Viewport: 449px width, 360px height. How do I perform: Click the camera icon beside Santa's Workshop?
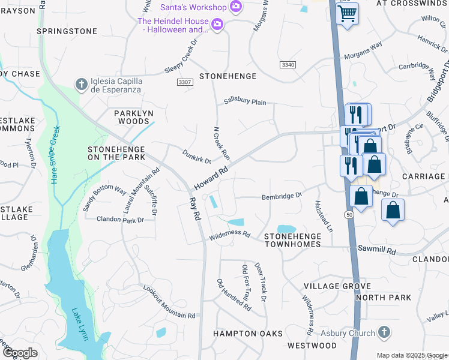coord(236,7)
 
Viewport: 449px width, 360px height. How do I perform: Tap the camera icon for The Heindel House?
coord(217,25)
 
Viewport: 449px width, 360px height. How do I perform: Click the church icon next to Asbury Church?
coord(384,332)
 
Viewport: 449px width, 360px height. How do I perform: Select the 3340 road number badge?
coord(287,64)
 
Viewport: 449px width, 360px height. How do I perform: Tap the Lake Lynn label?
coord(80,324)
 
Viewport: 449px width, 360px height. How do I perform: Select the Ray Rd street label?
coord(194,210)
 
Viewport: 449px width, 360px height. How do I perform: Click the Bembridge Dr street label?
coord(281,196)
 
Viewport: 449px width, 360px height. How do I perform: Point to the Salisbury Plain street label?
coord(245,102)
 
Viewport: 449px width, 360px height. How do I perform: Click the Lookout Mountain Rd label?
coord(169,302)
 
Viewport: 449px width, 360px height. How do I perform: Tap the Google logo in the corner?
coord(20,353)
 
